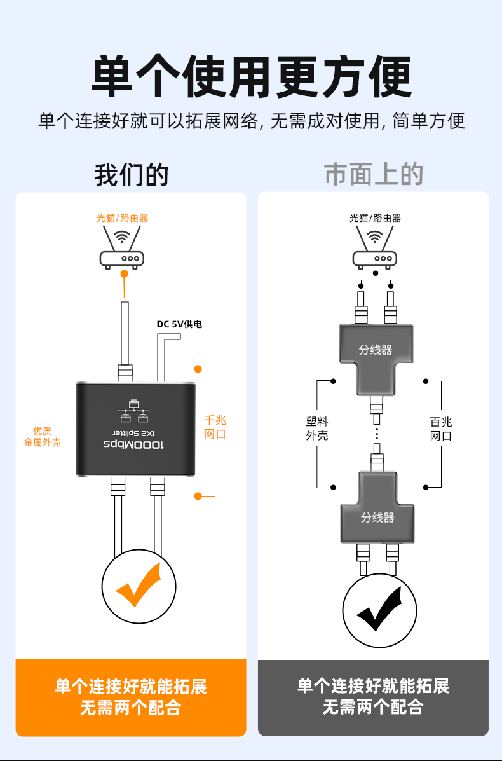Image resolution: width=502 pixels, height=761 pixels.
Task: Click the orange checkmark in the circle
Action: coord(139,586)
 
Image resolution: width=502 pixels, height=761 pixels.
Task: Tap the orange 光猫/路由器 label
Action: coord(122,218)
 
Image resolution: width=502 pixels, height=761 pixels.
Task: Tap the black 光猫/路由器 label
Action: coord(375,218)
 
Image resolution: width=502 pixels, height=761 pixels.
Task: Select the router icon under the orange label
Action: coord(122,249)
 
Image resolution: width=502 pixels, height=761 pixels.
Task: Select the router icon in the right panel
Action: coord(375,249)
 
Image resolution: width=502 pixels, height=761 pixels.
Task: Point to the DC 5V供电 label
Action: coord(179,324)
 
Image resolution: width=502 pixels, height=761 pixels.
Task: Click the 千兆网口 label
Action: coord(215,427)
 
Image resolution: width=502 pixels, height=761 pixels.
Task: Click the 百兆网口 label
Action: coord(441,428)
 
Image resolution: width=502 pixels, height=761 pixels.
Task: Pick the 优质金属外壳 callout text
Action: coord(43,436)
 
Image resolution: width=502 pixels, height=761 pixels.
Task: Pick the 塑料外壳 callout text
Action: coord(317,428)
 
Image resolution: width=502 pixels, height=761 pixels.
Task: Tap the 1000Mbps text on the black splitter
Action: coord(133,445)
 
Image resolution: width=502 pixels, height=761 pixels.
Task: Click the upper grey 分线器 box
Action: coord(376,350)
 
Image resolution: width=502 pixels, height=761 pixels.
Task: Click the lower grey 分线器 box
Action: coord(377,518)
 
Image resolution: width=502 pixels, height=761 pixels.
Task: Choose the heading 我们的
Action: coord(132,174)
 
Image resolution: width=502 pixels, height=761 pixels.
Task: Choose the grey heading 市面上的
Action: coord(374,174)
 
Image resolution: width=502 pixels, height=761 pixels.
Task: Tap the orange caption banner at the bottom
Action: coord(131,697)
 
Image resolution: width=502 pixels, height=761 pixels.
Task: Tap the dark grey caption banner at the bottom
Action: coord(373,697)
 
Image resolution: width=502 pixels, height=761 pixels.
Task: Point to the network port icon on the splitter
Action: coord(134,411)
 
